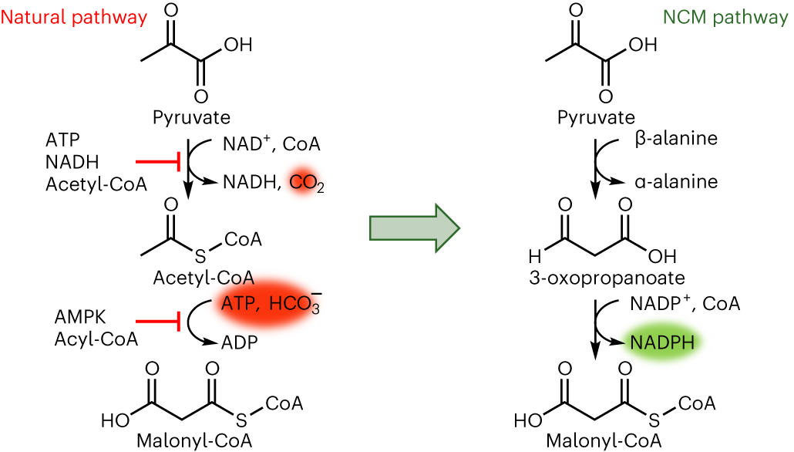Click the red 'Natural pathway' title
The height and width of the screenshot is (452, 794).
74,18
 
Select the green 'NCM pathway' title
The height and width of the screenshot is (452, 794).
725,18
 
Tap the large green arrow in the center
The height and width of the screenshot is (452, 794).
414,228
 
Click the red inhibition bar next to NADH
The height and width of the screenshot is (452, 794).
158,162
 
